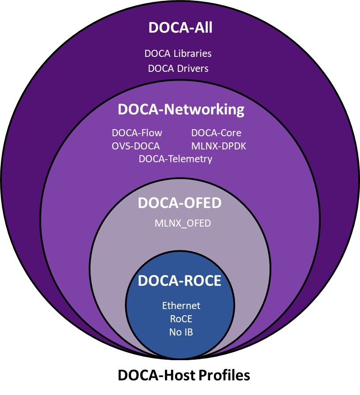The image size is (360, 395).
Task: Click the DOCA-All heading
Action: coord(180,27)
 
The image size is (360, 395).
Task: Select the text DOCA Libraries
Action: coord(178,54)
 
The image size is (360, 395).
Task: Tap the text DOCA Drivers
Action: coord(178,68)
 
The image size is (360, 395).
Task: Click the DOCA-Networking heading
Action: coord(181,109)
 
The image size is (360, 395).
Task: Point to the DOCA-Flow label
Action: coord(137,133)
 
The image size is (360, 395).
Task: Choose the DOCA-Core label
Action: coord(216,133)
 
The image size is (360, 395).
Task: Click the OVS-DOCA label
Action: coord(136,146)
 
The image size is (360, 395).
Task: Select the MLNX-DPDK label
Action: coord(219,146)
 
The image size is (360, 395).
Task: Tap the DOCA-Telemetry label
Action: coord(176,159)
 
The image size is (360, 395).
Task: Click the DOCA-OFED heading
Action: coord(180,203)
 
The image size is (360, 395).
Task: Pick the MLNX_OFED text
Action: coord(183,224)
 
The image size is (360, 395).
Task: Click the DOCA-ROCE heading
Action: coord(180,281)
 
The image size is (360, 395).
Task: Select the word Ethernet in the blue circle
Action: coord(181,306)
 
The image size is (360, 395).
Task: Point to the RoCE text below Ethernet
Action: coord(181,319)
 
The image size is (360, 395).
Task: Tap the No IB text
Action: coord(181,332)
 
